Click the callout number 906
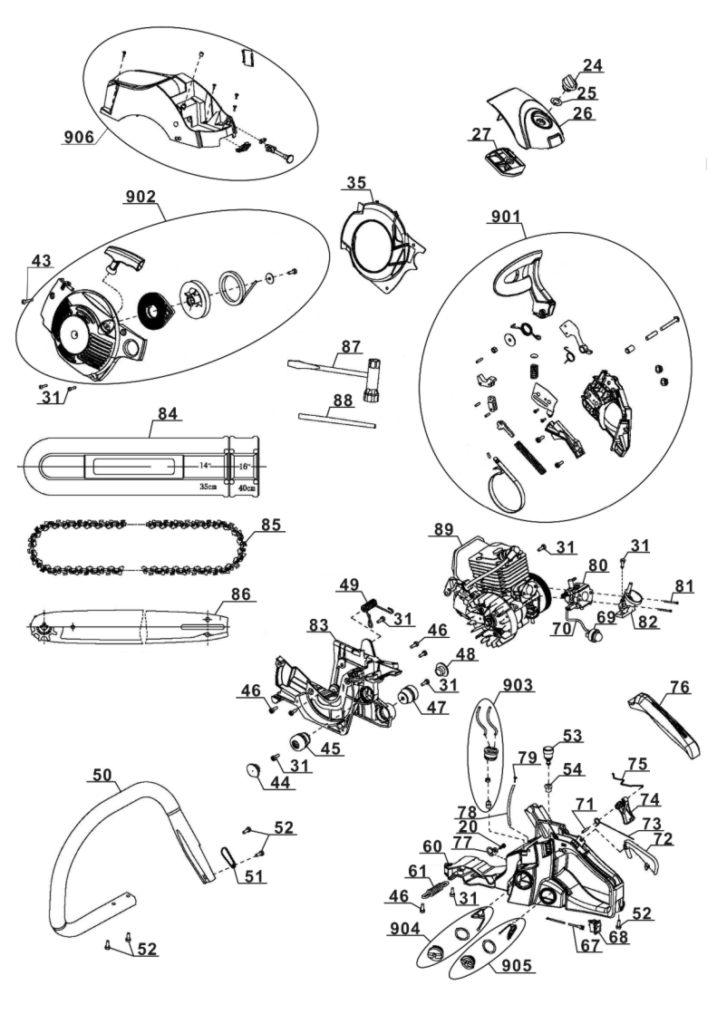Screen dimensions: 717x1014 click(x=79, y=137)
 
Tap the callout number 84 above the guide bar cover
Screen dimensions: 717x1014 click(x=166, y=412)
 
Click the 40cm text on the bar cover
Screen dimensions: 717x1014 click(x=247, y=488)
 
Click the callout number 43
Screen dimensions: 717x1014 click(x=41, y=261)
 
